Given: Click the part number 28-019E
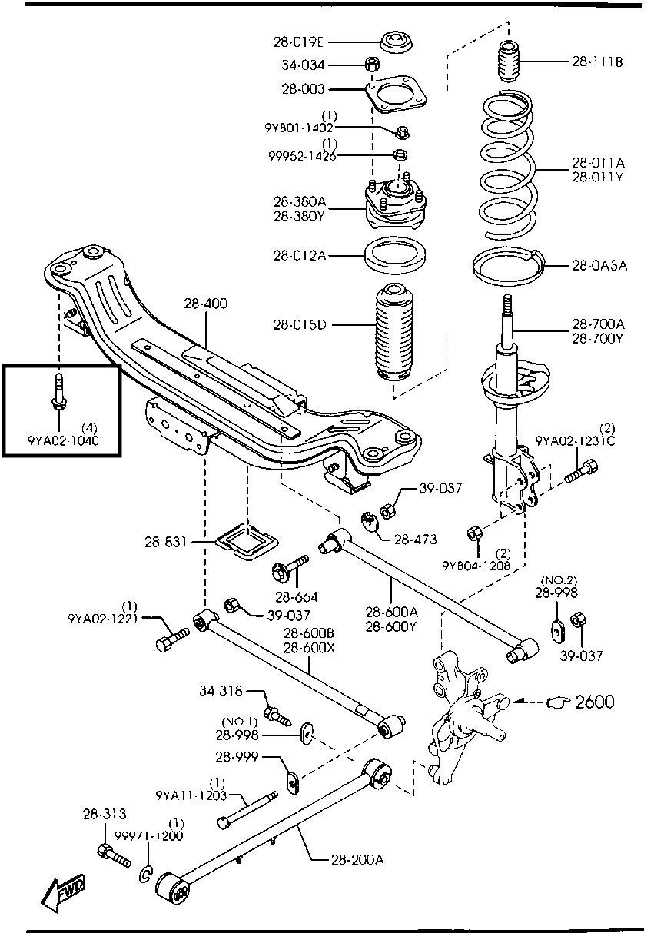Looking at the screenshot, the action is [298, 42].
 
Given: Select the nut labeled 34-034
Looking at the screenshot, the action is [371, 65].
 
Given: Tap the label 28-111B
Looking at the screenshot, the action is [597, 61].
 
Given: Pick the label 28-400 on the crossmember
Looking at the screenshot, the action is [206, 304].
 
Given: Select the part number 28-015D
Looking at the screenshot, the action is [300, 324].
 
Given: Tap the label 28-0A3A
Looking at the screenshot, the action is [599, 265].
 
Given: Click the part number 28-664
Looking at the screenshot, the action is [296, 597].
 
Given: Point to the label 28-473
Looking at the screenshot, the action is [415, 540].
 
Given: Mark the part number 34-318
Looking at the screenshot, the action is [221, 691].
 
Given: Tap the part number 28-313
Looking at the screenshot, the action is [105, 813].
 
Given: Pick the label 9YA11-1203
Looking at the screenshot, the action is [191, 795].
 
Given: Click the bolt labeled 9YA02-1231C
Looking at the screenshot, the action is [582, 471].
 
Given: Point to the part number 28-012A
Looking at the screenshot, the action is [300, 255].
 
